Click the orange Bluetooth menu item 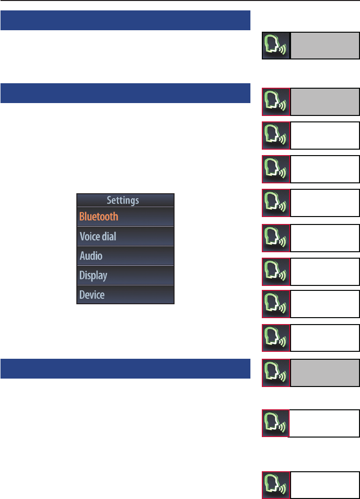pyautogui.click(x=99, y=217)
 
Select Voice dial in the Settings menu pyautogui.click(x=98, y=236)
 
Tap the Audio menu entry pyautogui.click(x=91, y=256)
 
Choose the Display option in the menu pyautogui.click(x=94, y=275)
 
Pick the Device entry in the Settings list pyautogui.click(x=92, y=295)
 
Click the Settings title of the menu pyautogui.click(x=123, y=200)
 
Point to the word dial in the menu pyautogui.click(x=108, y=236)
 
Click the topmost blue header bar pyautogui.click(x=125, y=21)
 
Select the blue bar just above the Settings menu pyautogui.click(x=125, y=93)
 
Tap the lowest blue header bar pyautogui.click(x=125, y=369)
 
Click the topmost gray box pyautogui.click(x=324, y=46)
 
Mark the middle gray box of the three pyautogui.click(x=324, y=102)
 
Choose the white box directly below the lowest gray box pyautogui.click(x=324, y=423)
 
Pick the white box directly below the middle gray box pyautogui.click(x=324, y=135)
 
